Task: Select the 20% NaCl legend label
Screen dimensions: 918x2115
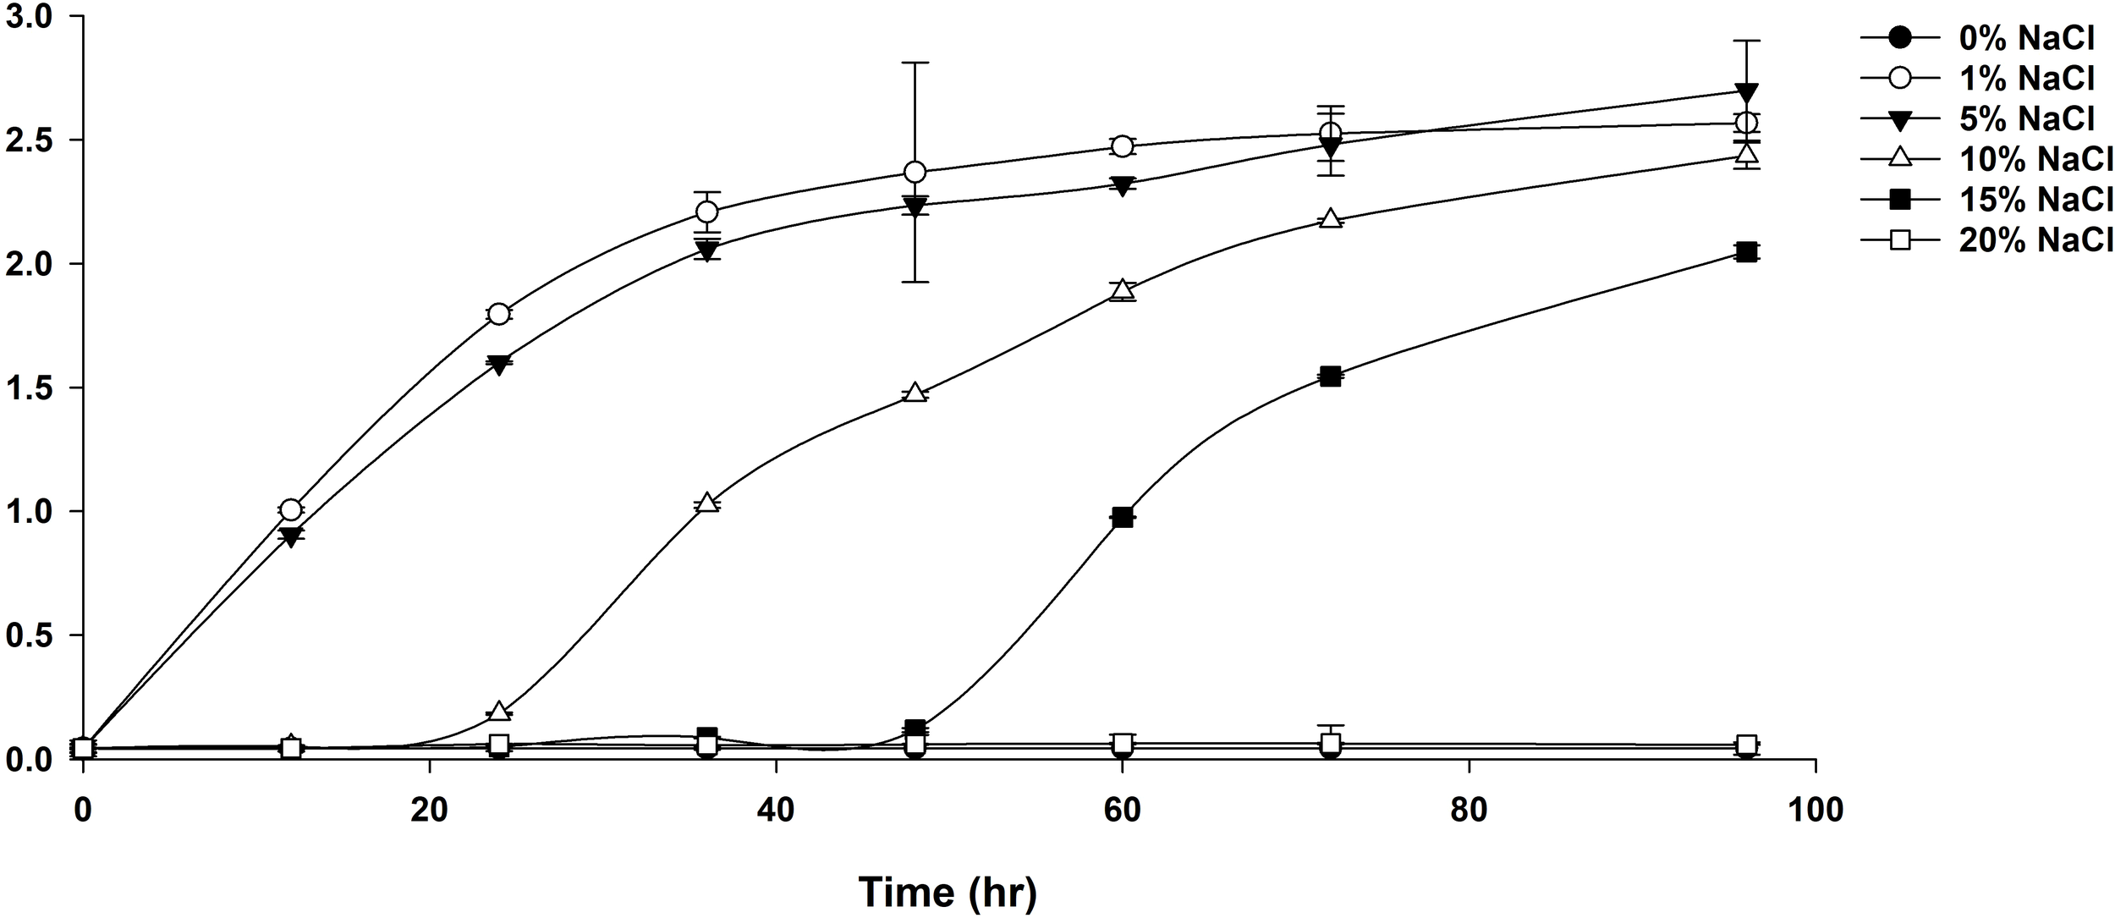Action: tap(2035, 241)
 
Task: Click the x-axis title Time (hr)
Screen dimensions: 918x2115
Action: tap(948, 892)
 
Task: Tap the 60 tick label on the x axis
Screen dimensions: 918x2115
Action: tap(1122, 811)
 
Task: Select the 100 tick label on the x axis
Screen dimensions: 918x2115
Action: tap(1816, 811)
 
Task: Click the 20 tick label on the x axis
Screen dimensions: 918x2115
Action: tap(429, 811)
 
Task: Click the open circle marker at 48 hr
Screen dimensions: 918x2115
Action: tap(915, 173)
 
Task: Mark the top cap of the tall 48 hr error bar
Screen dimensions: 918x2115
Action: tap(915, 63)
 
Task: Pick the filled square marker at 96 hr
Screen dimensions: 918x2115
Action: tap(1746, 251)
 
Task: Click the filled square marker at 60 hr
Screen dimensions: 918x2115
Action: tap(1123, 518)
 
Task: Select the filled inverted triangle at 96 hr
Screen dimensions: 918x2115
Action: tap(1746, 91)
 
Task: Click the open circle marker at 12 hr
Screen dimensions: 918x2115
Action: tap(290, 509)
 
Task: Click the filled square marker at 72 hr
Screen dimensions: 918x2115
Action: tap(1330, 377)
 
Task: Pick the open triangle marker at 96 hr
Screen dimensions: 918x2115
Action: tap(1746, 155)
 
